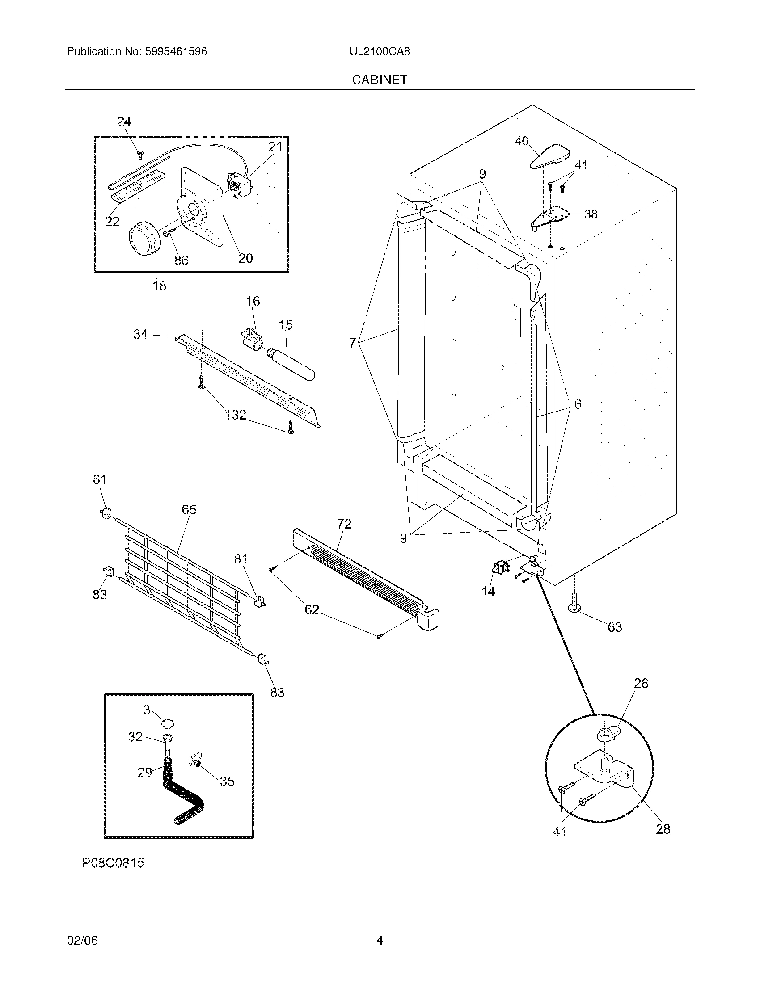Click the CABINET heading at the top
(x=380, y=80)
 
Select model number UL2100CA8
(x=380, y=51)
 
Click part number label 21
(x=275, y=147)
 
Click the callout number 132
(x=236, y=415)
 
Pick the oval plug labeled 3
(x=168, y=723)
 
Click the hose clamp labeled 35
(x=195, y=760)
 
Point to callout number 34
(x=140, y=334)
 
